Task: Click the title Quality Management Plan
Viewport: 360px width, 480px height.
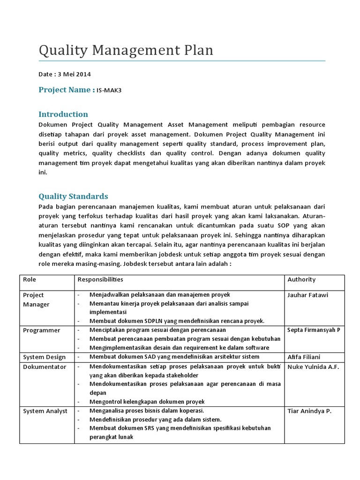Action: pos(126,50)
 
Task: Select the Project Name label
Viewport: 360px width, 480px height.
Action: pos(67,90)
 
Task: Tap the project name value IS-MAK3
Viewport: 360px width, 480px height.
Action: pos(109,90)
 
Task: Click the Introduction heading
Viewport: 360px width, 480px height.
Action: pos(63,114)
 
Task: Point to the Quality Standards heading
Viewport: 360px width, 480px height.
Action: pos(73,196)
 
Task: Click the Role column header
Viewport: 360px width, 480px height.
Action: pos(30,279)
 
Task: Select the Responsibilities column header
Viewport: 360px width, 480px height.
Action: pos(100,279)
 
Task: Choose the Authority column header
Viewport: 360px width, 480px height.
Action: pos(301,279)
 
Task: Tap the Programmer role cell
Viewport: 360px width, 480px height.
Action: pos(42,330)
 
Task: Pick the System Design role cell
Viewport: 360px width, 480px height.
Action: pos(45,357)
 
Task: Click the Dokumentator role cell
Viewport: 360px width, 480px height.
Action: pos(45,367)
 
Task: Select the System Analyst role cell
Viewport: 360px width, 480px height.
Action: pos(45,411)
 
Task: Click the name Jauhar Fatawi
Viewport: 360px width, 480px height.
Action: pos(308,295)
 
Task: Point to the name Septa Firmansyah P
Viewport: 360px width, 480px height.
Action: pos(314,330)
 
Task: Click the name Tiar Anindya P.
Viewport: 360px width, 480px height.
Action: pos(309,411)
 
